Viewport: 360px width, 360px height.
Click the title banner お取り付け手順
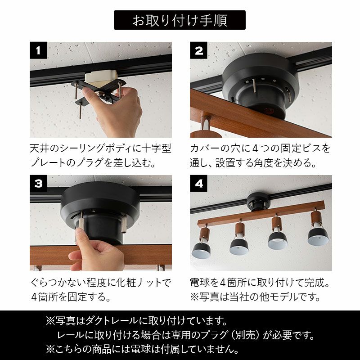click(180, 20)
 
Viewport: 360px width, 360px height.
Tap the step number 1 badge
click(38, 50)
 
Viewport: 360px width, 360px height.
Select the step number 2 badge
click(198, 50)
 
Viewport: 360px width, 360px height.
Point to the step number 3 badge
click(38, 184)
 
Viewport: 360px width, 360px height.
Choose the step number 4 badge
click(198, 184)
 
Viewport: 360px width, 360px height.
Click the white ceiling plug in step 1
click(101, 78)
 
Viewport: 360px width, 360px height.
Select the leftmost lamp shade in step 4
click(201, 250)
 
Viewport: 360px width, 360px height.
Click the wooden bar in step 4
click(261, 213)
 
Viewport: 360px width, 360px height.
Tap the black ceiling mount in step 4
click(258, 202)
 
